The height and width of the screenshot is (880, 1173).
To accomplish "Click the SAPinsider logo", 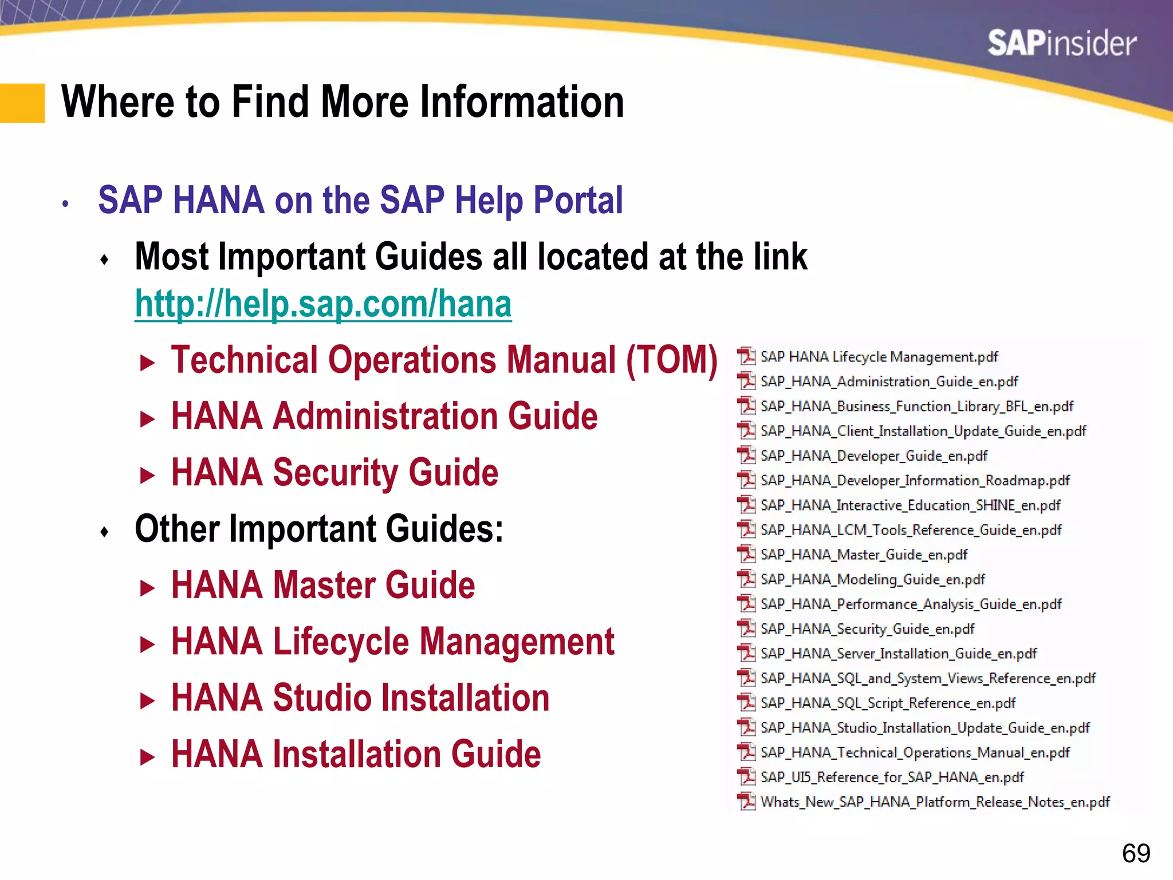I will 1061,44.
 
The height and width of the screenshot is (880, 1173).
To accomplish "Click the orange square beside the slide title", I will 22,103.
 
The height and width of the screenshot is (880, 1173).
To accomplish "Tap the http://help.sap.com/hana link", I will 323,304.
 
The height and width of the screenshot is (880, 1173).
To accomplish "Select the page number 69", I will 1136,853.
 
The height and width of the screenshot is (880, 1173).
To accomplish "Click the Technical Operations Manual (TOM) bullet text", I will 444,360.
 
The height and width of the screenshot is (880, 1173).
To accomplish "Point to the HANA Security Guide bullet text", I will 334,473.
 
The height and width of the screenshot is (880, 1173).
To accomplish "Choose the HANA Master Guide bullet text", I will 323,586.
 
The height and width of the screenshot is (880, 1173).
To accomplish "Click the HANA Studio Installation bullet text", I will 360,698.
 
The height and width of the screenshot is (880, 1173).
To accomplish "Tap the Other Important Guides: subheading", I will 319,529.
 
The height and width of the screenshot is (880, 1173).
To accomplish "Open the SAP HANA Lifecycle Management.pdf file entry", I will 879,357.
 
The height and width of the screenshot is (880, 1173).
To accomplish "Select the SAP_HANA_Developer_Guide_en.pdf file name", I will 873,456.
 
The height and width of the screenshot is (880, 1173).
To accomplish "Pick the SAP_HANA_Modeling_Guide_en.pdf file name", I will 872,580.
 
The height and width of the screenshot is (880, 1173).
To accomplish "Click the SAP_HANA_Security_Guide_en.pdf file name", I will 867,629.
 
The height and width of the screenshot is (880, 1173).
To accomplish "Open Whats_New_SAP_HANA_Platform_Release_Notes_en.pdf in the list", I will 935,802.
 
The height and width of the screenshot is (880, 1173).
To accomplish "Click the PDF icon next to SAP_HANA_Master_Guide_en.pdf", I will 746,554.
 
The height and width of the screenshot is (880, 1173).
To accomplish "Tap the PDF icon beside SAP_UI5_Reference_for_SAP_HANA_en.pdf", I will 746,777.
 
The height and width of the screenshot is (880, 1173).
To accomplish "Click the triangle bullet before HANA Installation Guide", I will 148,757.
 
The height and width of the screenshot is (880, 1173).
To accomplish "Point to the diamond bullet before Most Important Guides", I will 104,260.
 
